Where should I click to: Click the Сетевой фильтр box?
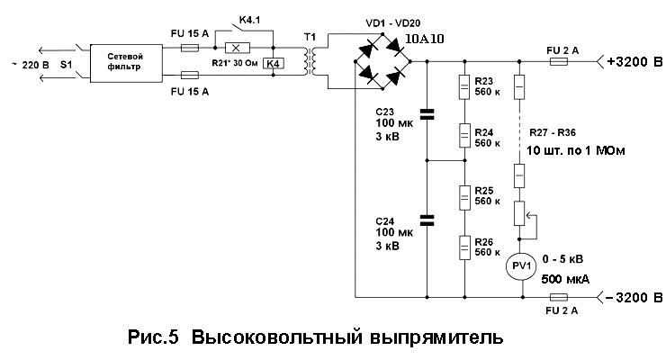pos(128,62)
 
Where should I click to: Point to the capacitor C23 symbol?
pos(427,114)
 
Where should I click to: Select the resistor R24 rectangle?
pos(464,136)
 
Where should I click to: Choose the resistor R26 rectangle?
pos(464,245)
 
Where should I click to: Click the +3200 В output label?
pos(635,63)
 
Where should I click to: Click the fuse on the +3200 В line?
pos(558,62)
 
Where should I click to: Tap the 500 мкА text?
pos(565,279)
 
